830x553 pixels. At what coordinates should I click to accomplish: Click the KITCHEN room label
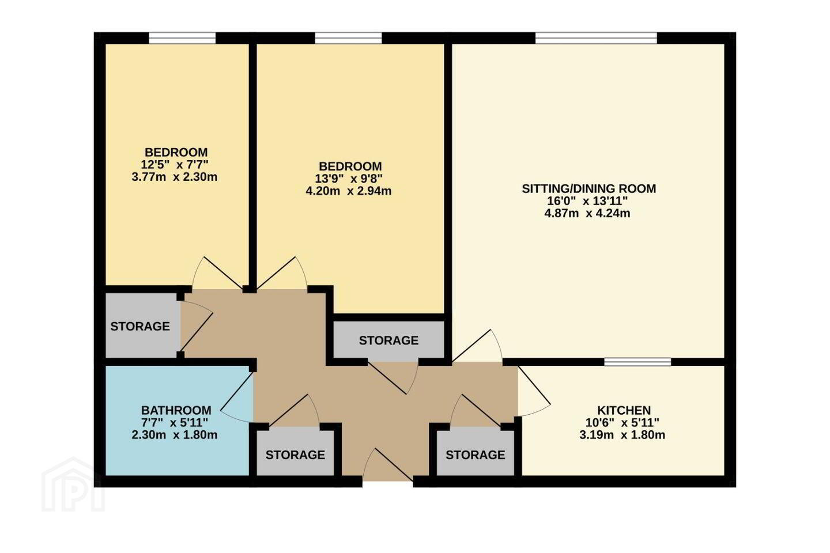624,410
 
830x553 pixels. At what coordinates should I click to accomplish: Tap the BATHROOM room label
176,410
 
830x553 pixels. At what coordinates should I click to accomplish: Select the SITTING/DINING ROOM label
589,188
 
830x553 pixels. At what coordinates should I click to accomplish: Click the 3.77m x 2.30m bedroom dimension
175,177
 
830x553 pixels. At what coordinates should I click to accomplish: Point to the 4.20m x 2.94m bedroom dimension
349,191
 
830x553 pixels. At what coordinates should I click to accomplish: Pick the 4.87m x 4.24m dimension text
587,213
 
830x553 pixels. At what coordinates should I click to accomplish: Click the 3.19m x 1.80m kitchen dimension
622,435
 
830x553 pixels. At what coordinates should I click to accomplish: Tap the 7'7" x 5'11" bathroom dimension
175,422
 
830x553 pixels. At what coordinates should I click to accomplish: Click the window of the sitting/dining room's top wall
596,38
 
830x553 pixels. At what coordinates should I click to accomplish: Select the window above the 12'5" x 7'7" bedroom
182,38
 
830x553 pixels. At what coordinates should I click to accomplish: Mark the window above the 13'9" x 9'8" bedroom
349,38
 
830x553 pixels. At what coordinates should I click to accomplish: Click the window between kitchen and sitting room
637,362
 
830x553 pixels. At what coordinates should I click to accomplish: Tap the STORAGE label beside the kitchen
476,455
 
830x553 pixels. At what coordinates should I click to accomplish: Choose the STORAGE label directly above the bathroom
140,326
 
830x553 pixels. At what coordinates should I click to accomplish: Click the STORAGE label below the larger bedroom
388,340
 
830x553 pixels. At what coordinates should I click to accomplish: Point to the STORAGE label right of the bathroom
295,455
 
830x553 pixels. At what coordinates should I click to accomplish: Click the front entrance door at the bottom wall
388,465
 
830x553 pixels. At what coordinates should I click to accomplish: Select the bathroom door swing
237,397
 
